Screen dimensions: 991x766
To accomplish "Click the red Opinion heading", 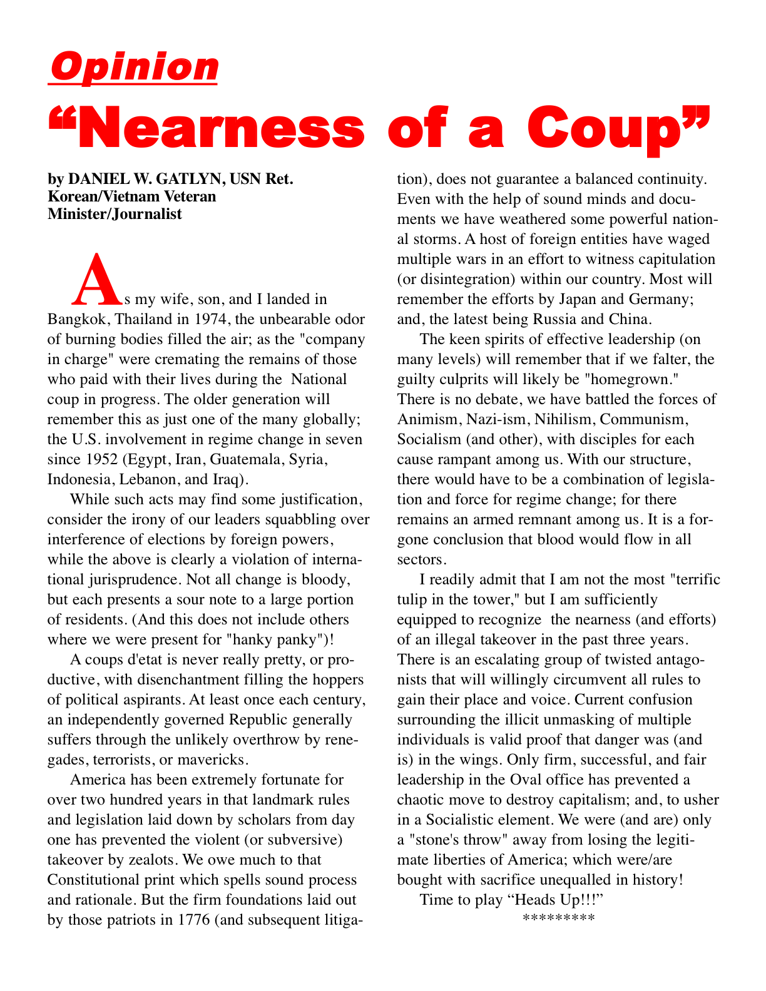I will tap(133, 67).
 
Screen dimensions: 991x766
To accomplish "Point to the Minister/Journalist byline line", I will tap(115, 214).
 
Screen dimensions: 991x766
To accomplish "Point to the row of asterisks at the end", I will tap(558, 918).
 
